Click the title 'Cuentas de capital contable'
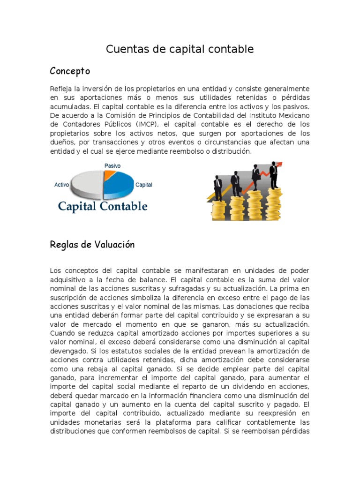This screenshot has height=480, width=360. click(180, 49)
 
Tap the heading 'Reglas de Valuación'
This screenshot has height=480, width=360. click(92, 245)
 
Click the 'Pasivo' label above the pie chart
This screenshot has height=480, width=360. click(112, 166)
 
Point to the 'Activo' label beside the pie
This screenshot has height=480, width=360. click(62, 185)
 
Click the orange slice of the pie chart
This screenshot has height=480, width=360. click(110, 175)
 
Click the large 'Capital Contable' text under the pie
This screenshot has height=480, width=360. click(103, 206)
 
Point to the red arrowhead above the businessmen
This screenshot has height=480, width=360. click(280, 165)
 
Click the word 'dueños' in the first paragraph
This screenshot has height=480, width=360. click(62, 142)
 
